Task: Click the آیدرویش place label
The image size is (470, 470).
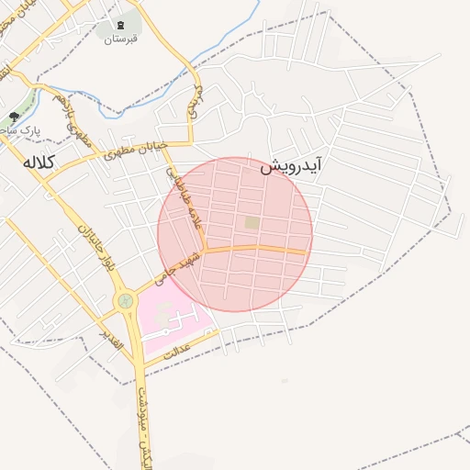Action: [292, 167]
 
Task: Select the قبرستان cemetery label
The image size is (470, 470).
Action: [120, 39]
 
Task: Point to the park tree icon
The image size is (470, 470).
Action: [14, 117]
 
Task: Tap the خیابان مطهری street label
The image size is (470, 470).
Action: [134, 150]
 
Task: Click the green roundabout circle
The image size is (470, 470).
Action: [125, 300]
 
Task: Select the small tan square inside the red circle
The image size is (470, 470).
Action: [252, 222]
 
